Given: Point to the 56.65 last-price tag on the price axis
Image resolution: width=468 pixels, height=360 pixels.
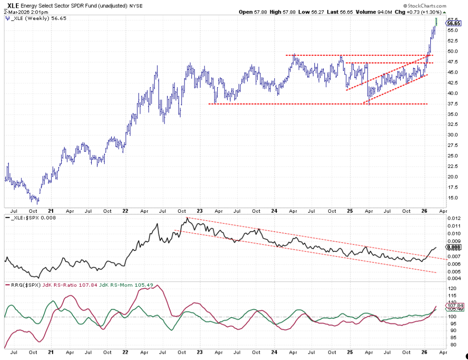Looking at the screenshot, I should [x=454, y=23].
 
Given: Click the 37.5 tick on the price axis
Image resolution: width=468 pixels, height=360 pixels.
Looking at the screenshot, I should [x=453, y=104].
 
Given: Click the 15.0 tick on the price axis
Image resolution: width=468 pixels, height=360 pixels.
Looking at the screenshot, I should [x=453, y=197].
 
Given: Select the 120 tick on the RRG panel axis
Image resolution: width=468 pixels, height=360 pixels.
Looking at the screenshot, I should [x=452, y=288].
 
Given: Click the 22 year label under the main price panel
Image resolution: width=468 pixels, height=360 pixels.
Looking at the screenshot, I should [x=125, y=211].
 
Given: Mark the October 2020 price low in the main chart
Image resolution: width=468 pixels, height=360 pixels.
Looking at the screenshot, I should [x=37, y=202].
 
